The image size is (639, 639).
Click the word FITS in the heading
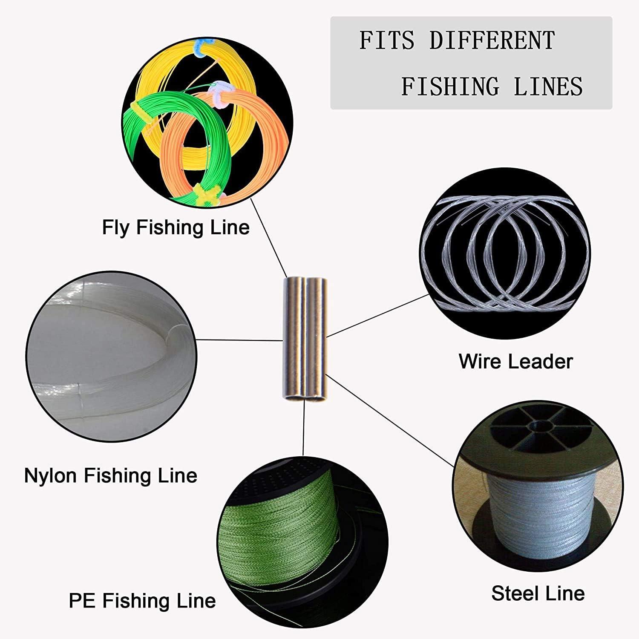pos(386,41)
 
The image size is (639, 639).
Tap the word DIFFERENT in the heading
pos(492,41)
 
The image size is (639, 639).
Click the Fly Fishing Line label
pos(176,227)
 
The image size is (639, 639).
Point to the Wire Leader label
pos(515,361)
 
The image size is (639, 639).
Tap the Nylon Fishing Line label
pos(111,475)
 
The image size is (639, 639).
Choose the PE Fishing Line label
pos(142,601)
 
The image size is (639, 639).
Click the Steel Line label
pos(538,593)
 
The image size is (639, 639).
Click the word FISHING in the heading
pos(450,86)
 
